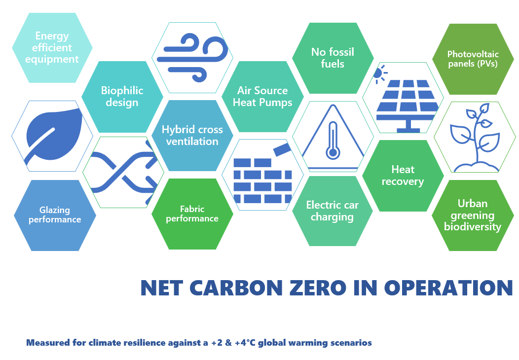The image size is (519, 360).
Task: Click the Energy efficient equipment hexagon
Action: [x=52, y=48]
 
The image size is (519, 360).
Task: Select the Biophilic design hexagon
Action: [x=122, y=97]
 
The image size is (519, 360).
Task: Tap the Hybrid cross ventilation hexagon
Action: [x=192, y=135]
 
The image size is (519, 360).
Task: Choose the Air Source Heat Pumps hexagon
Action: [x=262, y=96]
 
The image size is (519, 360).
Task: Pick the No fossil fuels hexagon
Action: [x=333, y=58]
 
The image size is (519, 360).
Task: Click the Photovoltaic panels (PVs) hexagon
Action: [x=473, y=59]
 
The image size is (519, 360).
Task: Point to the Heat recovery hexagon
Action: [x=403, y=176]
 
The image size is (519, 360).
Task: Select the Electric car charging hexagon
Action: [x=333, y=211]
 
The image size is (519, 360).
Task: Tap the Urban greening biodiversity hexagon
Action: [x=473, y=216]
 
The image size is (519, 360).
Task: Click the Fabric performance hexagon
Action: [x=192, y=214]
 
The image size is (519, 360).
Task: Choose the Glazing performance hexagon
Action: [x=55, y=216]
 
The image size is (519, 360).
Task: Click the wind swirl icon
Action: [x=192, y=57]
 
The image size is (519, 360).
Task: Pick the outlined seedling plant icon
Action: [x=475, y=137]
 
